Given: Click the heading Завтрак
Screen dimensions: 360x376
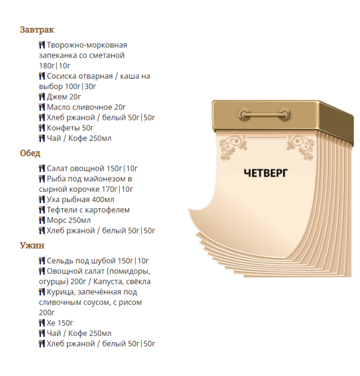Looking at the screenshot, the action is click(x=37, y=30).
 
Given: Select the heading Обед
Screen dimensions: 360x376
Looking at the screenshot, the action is click(x=30, y=153).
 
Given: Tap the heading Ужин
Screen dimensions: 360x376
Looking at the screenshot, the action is click(x=32, y=245).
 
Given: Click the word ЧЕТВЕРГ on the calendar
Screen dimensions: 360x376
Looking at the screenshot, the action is click(x=265, y=173).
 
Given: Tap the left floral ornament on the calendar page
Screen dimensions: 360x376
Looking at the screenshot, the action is click(x=232, y=147).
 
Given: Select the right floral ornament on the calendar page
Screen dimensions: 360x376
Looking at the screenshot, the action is click(x=300, y=147).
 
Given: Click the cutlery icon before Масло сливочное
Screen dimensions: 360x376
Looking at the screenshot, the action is click(x=42, y=107).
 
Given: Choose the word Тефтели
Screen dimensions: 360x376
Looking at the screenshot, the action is click(x=62, y=210).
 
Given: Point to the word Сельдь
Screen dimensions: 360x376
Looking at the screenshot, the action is click(x=60, y=261).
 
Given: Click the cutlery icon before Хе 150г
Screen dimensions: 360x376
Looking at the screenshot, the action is click(x=42, y=323).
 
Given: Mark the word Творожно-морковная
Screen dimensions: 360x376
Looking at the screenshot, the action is click(x=87, y=45).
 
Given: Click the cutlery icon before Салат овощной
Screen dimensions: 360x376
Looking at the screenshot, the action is click(x=42, y=169).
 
